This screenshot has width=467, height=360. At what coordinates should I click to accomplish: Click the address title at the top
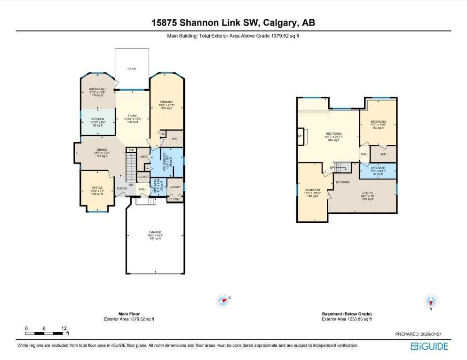[233, 22]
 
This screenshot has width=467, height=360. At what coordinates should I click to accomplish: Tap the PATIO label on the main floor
[132, 69]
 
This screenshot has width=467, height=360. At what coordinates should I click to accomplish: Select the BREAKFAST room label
[98, 89]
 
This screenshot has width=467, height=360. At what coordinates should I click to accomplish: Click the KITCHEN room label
[98, 119]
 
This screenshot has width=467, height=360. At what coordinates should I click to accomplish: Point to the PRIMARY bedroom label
[166, 102]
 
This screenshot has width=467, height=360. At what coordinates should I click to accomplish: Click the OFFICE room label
[97, 188]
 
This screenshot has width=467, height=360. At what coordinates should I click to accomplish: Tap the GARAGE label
[155, 232]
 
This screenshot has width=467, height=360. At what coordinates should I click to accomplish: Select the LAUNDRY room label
[175, 187]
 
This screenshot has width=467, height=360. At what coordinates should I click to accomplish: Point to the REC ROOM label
[333, 133]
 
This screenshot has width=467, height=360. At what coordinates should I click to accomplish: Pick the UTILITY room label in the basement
[368, 193]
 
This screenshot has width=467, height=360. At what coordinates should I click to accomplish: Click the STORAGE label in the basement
[342, 182]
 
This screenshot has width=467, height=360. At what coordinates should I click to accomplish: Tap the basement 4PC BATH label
[378, 168]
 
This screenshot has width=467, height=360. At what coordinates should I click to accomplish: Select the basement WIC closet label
[383, 154]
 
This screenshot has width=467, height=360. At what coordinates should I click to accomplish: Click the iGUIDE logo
[429, 346]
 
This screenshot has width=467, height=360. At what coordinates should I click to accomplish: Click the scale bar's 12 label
[64, 328]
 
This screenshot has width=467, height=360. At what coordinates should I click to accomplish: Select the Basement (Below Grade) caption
[347, 314]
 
